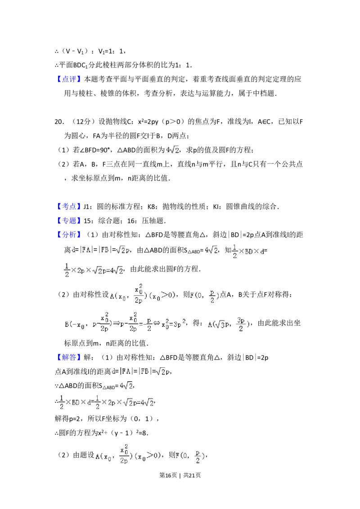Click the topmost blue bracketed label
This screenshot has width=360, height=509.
coord(70,79)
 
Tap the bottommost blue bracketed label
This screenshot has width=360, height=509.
coord(70,358)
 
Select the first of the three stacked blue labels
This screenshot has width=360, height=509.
coord(70,207)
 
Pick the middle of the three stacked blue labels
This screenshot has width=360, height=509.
coord(70,221)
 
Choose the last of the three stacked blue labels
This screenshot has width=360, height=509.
coord(70,235)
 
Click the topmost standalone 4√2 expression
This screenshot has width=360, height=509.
coord(171,150)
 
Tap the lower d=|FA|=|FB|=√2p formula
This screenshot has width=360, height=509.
coord(141,372)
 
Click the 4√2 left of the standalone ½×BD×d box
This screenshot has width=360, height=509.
coord(210,250)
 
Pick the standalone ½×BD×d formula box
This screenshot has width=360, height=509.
coord(248,250)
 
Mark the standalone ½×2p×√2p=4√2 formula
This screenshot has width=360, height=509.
coord(94,270)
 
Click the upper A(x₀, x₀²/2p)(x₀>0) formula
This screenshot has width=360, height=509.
coord(142,294)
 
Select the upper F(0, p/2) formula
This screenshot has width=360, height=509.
coord(205,295)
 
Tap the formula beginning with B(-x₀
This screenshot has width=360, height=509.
coord(124,322)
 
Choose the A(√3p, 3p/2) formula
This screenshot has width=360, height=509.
coord(229,324)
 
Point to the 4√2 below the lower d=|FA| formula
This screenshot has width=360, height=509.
coord(124,386)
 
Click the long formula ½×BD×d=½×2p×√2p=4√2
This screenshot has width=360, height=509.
coord(106,401)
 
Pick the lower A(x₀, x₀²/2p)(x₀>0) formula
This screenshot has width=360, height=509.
coord(128,455)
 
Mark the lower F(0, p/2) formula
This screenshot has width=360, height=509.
coord(189,457)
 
